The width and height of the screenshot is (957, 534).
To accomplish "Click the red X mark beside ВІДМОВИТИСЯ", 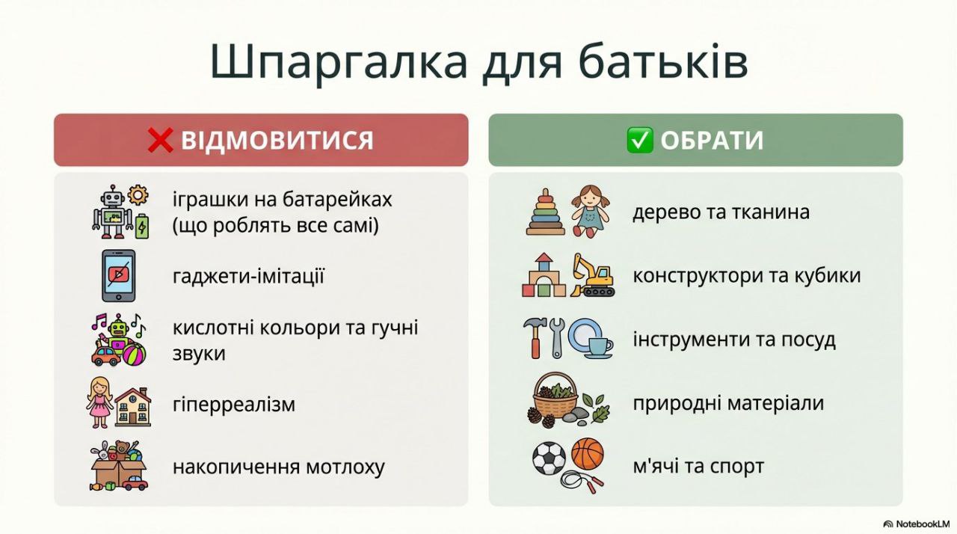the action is click(x=160, y=140).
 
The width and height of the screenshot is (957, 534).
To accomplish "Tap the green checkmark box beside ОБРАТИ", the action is click(x=639, y=140).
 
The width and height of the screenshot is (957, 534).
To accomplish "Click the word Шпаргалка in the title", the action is click(x=338, y=62).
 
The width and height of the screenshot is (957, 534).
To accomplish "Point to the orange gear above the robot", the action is click(x=138, y=194).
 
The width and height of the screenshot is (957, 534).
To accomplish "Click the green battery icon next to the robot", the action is click(x=142, y=226).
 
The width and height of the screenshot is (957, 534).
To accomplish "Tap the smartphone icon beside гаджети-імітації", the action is click(x=118, y=275).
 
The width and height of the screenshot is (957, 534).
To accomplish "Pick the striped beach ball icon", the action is click(x=135, y=354).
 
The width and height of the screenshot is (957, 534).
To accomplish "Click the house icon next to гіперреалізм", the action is click(x=133, y=407).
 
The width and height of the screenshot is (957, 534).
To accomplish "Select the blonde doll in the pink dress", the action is click(x=100, y=402).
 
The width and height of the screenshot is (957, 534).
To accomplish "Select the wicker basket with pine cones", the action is click(x=556, y=396).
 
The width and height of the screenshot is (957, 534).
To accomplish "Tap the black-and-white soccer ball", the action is click(x=549, y=458).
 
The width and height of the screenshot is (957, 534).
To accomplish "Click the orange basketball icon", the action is click(x=588, y=454).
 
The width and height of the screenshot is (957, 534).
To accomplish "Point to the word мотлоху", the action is click(x=345, y=467).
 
